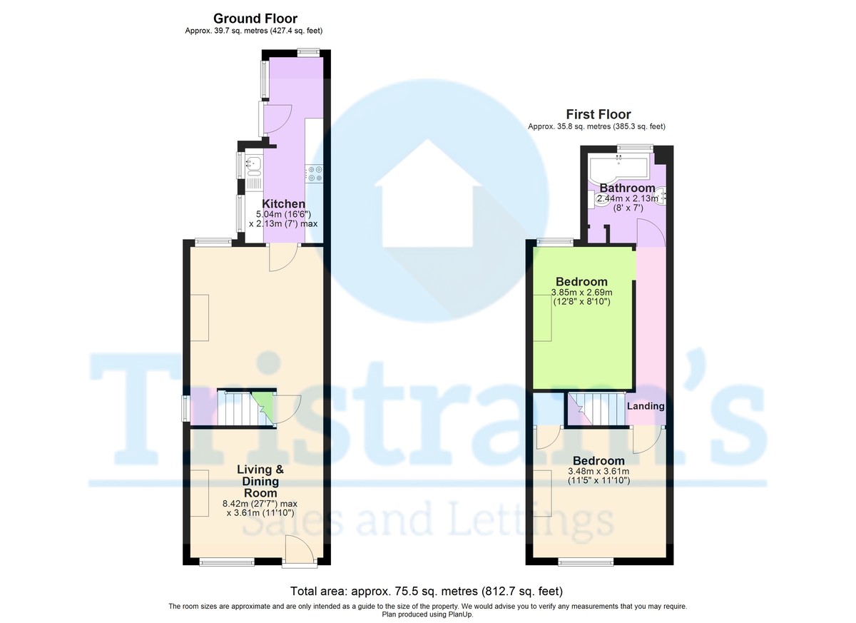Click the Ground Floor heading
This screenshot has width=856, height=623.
click(255, 19)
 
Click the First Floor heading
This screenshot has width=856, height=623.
click(598, 114)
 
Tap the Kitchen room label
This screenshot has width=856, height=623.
click(283, 204)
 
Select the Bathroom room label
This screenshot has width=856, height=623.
click(627, 188)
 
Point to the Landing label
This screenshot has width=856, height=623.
click(646, 406)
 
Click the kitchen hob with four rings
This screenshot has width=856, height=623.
click(315, 172)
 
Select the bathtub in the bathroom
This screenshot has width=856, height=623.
click(618, 168)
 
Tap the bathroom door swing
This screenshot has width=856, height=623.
click(651, 233)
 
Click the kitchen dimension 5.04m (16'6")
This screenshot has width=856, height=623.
click(283, 214)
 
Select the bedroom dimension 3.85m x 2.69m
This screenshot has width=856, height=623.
click(582, 293)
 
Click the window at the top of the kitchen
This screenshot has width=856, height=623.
click(308, 51)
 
